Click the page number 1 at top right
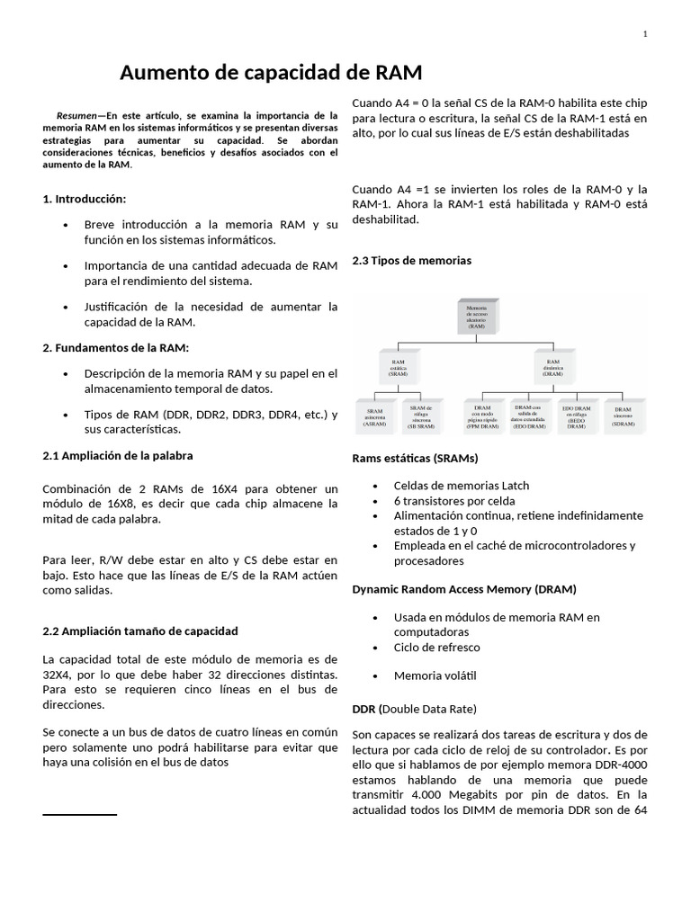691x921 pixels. pos(645,34)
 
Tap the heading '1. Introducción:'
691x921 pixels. pos(85,199)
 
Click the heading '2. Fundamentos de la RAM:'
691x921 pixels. pos(116,347)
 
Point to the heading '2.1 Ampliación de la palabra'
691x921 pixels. pos(118,456)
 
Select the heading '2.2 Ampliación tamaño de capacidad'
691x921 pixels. pos(140,630)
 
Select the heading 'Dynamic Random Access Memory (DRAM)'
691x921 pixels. pos(463,589)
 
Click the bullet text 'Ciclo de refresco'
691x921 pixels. pos(436,647)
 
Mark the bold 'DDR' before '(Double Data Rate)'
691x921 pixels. pos(362,709)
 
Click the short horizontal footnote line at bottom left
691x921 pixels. pos(80,814)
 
